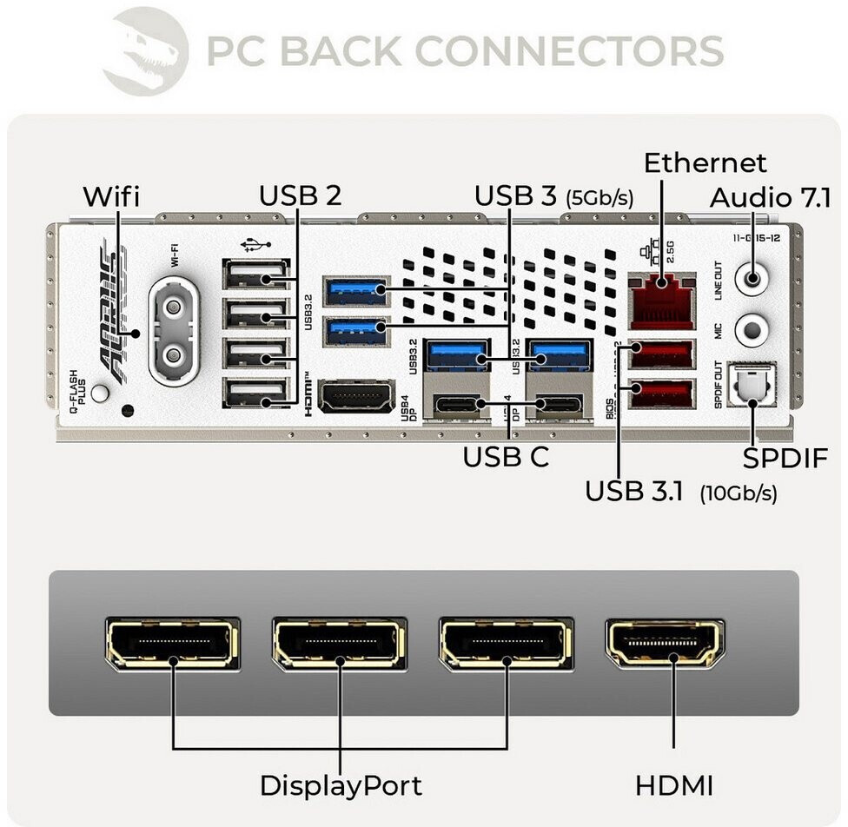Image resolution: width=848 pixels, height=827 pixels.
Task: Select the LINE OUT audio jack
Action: pyautogui.click(x=752, y=281)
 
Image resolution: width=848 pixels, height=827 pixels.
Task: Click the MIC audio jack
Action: pyautogui.click(x=752, y=331)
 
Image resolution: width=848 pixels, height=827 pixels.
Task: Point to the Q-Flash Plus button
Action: pyautogui.click(x=101, y=394)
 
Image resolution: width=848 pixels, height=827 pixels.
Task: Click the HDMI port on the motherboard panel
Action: pyautogui.click(x=356, y=397)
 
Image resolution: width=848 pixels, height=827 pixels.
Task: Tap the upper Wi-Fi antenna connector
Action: pyautogui.click(x=174, y=308)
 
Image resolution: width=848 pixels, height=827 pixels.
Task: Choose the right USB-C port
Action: pyautogui.click(x=559, y=403)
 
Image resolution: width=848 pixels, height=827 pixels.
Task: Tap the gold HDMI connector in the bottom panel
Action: pyautogui.click(x=665, y=645)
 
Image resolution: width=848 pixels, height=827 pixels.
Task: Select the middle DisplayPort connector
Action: pyautogui.click(x=339, y=644)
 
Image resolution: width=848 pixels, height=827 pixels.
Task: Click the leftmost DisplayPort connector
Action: pyautogui.click(x=172, y=644)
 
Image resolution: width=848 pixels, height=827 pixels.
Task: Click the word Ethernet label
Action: pyautogui.click(x=705, y=163)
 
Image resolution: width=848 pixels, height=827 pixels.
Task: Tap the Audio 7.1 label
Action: pyautogui.click(x=770, y=198)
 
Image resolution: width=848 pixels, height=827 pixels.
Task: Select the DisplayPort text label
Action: pyautogui.click(x=341, y=786)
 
